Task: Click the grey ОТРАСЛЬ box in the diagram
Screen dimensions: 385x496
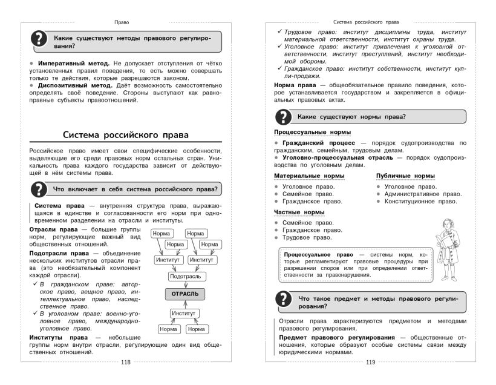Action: coord(185,294)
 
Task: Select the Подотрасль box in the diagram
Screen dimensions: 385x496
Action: coord(185,276)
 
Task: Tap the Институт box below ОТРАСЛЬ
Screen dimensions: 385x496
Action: coord(184,313)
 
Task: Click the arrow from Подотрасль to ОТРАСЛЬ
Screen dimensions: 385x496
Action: coord(185,284)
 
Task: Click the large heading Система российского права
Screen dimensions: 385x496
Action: coord(126,134)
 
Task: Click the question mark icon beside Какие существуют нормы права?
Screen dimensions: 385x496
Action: coord(283,117)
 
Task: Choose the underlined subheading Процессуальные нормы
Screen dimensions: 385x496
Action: coord(313,131)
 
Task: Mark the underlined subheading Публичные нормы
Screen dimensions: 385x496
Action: coord(405,176)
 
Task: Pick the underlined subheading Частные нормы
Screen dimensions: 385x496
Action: coord(299,212)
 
